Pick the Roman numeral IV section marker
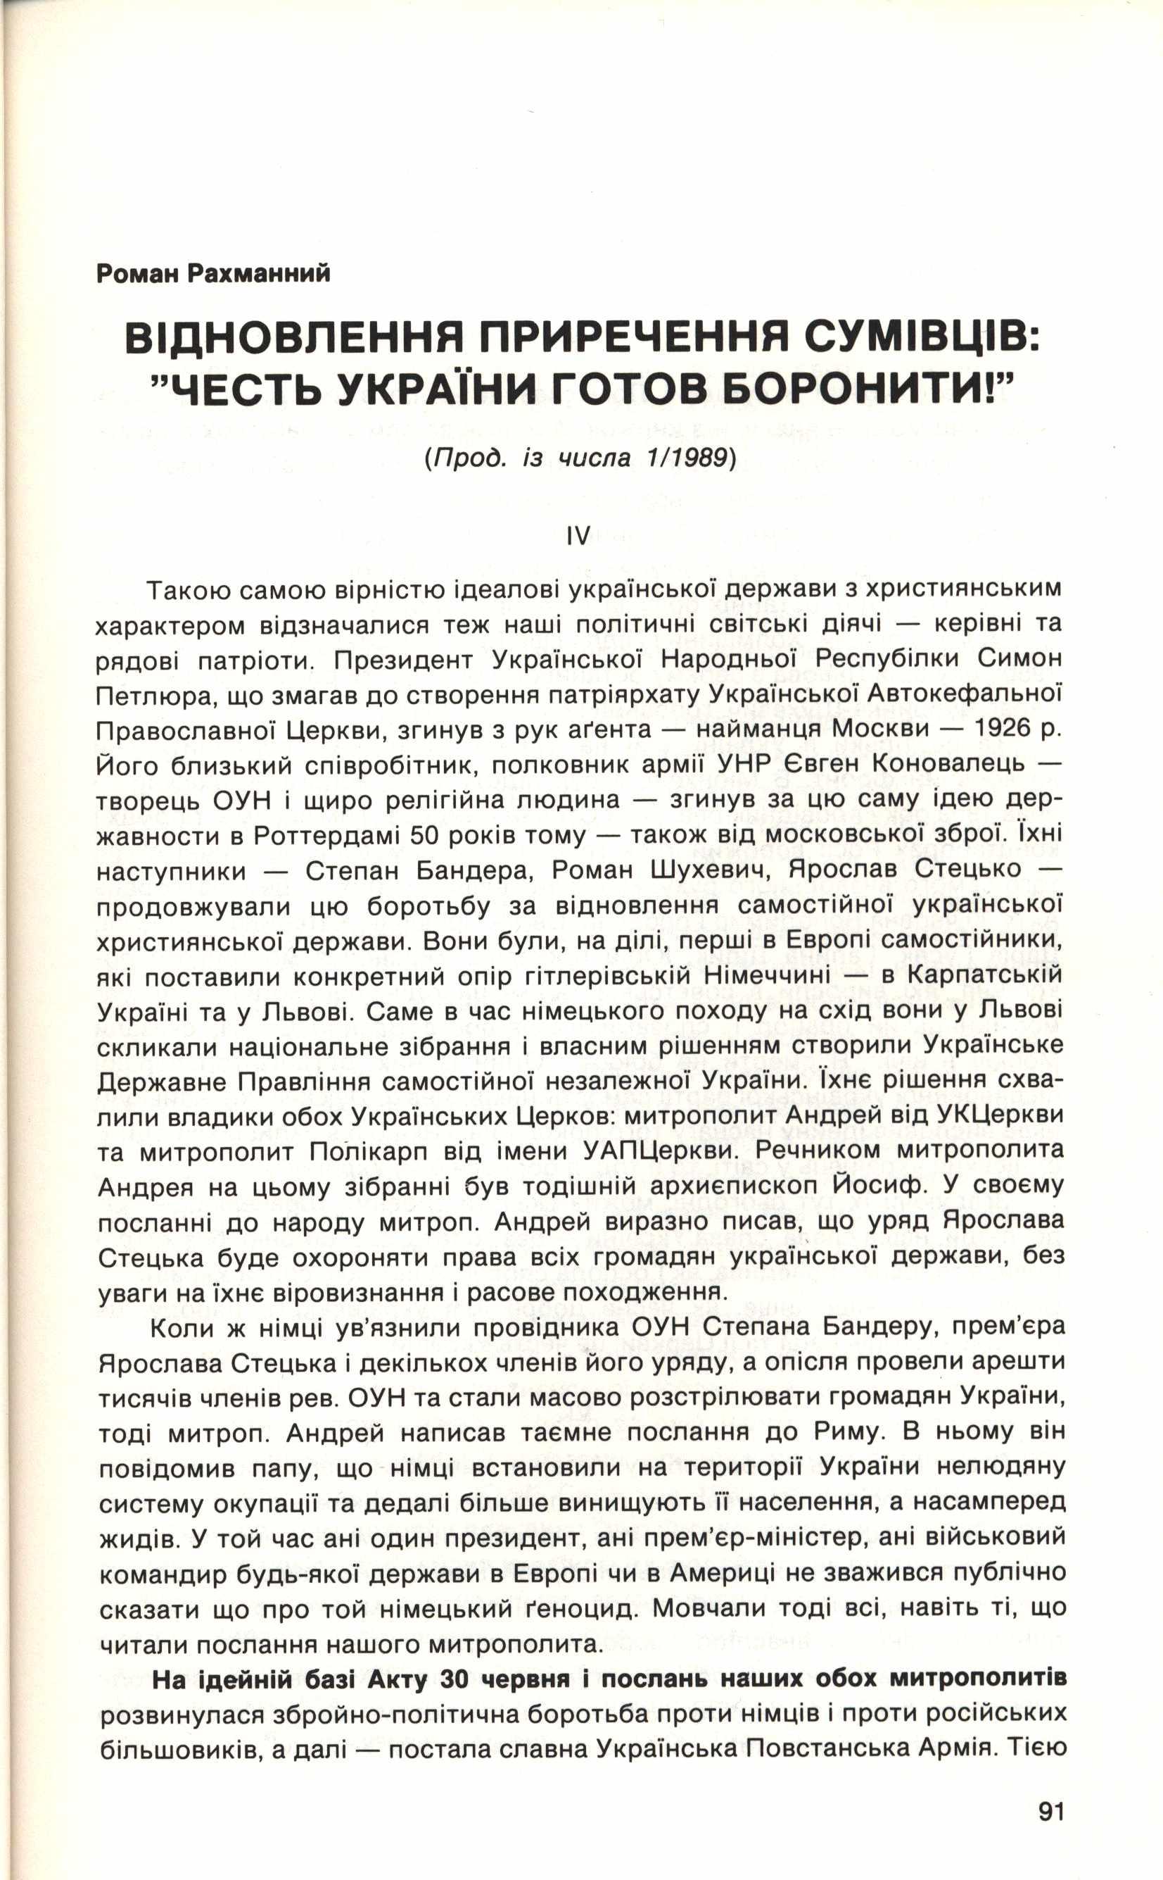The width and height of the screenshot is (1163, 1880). click(578, 537)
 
